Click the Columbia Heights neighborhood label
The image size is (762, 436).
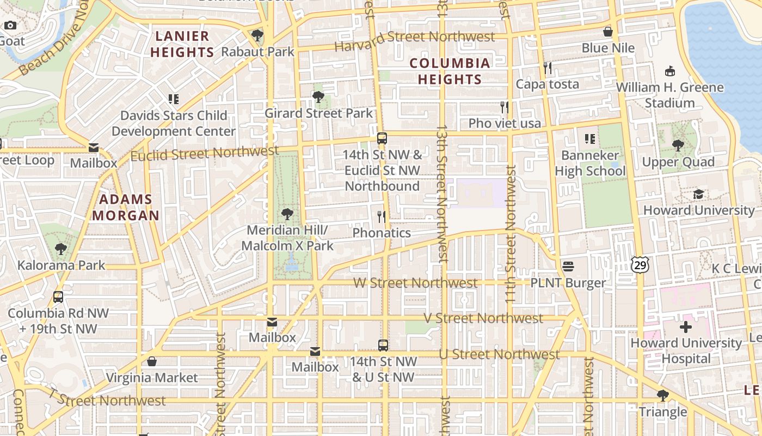(x=450, y=71)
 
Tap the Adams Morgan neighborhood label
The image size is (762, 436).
(x=126, y=207)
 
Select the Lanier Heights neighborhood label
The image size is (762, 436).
(x=182, y=44)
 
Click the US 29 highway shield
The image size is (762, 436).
(x=640, y=264)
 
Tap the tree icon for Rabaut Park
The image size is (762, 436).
(x=257, y=36)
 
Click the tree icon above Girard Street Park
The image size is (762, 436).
(x=318, y=97)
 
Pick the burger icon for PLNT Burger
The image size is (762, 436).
(x=568, y=267)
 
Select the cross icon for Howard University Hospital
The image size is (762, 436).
(x=685, y=327)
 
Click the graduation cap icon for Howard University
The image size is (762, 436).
(x=699, y=195)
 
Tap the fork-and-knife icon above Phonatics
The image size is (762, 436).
(x=382, y=217)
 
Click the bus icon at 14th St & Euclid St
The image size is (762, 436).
(x=382, y=138)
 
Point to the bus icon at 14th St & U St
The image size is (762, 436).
(x=383, y=345)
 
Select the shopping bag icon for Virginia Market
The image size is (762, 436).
(x=152, y=361)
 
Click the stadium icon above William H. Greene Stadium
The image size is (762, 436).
(x=670, y=71)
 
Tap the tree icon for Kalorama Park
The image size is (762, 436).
(x=61, y=249)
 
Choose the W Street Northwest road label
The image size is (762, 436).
(x=415, y=283)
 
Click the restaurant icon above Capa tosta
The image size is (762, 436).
(x=548, y=68)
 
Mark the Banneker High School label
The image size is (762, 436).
(x=589, y=163)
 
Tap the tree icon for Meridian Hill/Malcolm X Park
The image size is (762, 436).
(x=287, y=214)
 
